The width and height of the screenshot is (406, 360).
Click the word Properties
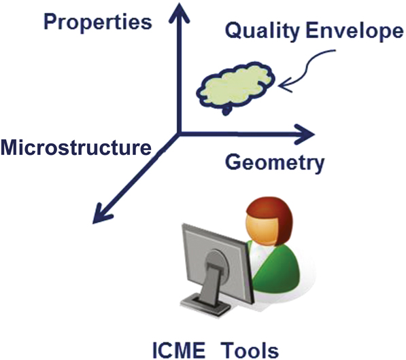(x=98, y=23)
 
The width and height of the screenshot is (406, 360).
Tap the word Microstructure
(x=76, y=148)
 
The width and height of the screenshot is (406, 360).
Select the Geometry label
(x=275, y=164)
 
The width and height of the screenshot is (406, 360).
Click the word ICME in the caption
(x=178, y=350)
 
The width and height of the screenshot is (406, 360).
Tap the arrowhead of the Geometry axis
(x=305, y=134)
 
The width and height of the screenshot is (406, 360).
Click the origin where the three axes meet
(x=179, y=133)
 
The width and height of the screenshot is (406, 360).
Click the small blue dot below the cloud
(x=226, y=111)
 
